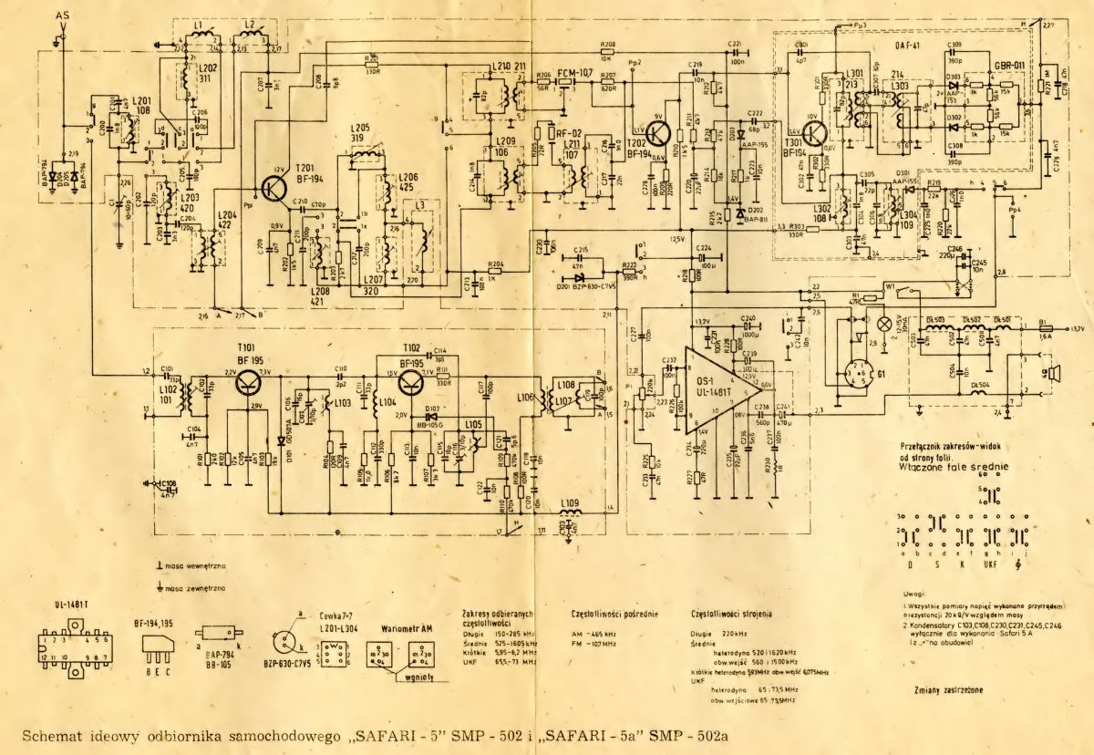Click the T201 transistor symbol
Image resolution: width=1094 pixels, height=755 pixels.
(x=273, y=187)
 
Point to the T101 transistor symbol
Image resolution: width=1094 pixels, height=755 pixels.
(x=246, y=380)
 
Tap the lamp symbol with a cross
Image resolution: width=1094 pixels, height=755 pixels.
(x=882, y=323)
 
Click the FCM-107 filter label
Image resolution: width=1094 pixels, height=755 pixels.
(x=574, y=72)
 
